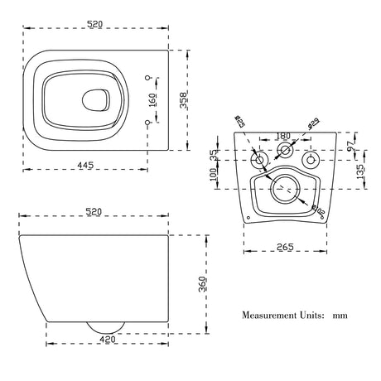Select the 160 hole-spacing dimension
coord(152,100)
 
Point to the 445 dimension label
coord(84,166)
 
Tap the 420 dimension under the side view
coord(102,339)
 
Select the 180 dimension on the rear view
coord(283,136)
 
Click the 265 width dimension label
coord(285,246)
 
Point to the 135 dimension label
coord(361,171)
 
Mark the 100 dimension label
coord(214,174)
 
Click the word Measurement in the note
coord(274,316)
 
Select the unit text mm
coord(340,316)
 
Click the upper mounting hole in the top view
coord(149,78)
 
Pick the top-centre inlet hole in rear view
coord(285,151)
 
